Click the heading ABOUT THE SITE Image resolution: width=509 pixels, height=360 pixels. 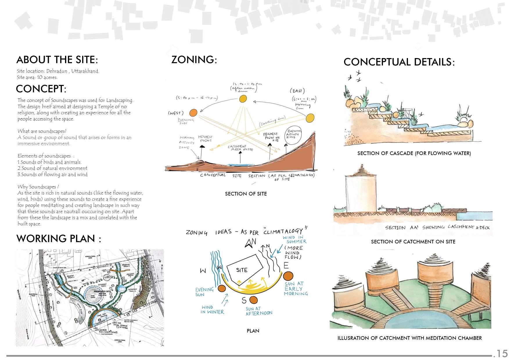click(x=57, y=60)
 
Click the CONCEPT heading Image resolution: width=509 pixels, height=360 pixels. click(x=41, y=89)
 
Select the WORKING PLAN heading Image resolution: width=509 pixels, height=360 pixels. click(x=59, y=239)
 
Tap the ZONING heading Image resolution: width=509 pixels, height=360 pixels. click(x=194, y=60)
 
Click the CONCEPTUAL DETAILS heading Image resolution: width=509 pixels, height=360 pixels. click(x=399, y=62)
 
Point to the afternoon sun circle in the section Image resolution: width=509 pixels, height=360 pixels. click(x=242, y=99)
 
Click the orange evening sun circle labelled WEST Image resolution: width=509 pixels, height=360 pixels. click(x=193, y=113)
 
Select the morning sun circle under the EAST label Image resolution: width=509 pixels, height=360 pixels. click(x=310, y=118)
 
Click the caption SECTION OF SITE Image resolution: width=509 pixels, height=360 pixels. click(x=246, y=194)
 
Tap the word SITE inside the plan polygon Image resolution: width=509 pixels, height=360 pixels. click(x=242, y=270)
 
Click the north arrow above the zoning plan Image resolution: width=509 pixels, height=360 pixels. click(x=249, y=244)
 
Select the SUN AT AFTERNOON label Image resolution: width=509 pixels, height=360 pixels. click(x=259, y=311)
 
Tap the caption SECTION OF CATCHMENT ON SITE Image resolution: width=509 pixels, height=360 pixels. click(x=413, y=242)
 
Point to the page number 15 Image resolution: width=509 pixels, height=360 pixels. click(x=501, y=353)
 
